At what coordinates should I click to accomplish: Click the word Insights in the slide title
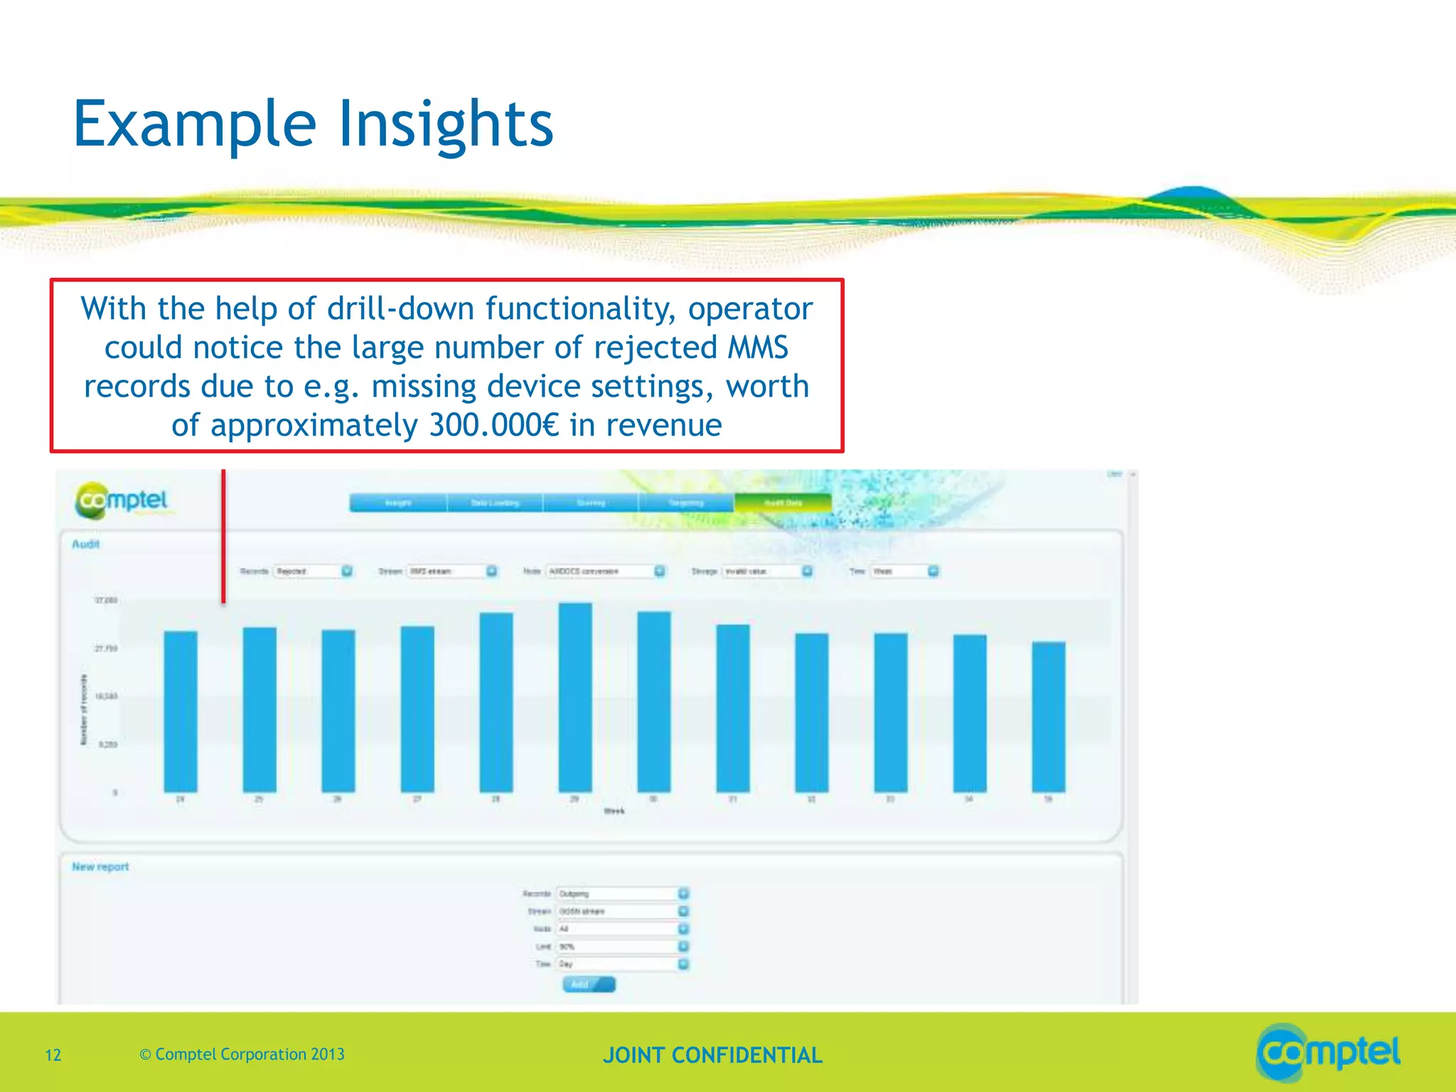click(x=445, y=124)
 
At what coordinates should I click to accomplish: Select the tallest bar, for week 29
click(x=574, y=697)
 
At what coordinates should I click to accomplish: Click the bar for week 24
click(x=181, y=711)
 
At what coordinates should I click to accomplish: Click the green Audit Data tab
click(x=783, y=503)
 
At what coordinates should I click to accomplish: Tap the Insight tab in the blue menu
click(x=398, y=503)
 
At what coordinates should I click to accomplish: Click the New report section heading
click(x=100, y=867)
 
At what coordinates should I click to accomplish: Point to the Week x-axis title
click(x=614, y=811)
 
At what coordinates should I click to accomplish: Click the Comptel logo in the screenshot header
click(x=122, y=500)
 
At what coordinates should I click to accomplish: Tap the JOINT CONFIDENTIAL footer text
click(x=712, y=1055)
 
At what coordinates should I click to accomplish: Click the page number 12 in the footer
click(x=53, y=1055)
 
